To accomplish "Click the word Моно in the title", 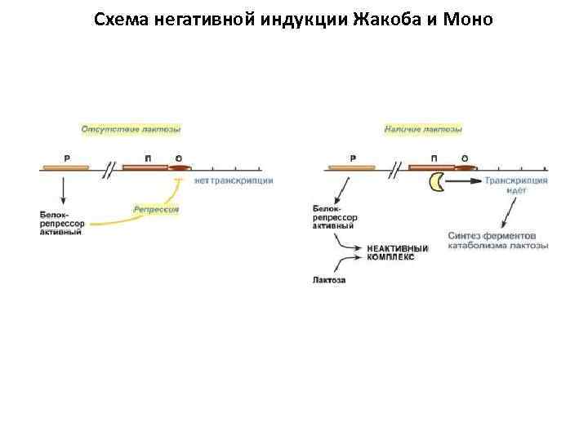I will [x=467, y=19].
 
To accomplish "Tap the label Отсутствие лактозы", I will [x=131, y=129].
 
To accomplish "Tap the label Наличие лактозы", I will [x=423, y=129].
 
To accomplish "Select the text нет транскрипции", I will [x=234, y=180].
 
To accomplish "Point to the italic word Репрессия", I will [x=156, y=210].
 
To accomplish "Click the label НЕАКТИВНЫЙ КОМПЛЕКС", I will [x=398, y=252].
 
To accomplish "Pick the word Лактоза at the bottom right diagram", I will [x=329, y=280].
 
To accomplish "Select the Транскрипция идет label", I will [x=515, y=185].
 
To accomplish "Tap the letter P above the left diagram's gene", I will [x=66, y=157].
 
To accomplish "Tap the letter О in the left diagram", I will [x=178, y=157].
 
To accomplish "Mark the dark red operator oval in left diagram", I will [x=179, y=168].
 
